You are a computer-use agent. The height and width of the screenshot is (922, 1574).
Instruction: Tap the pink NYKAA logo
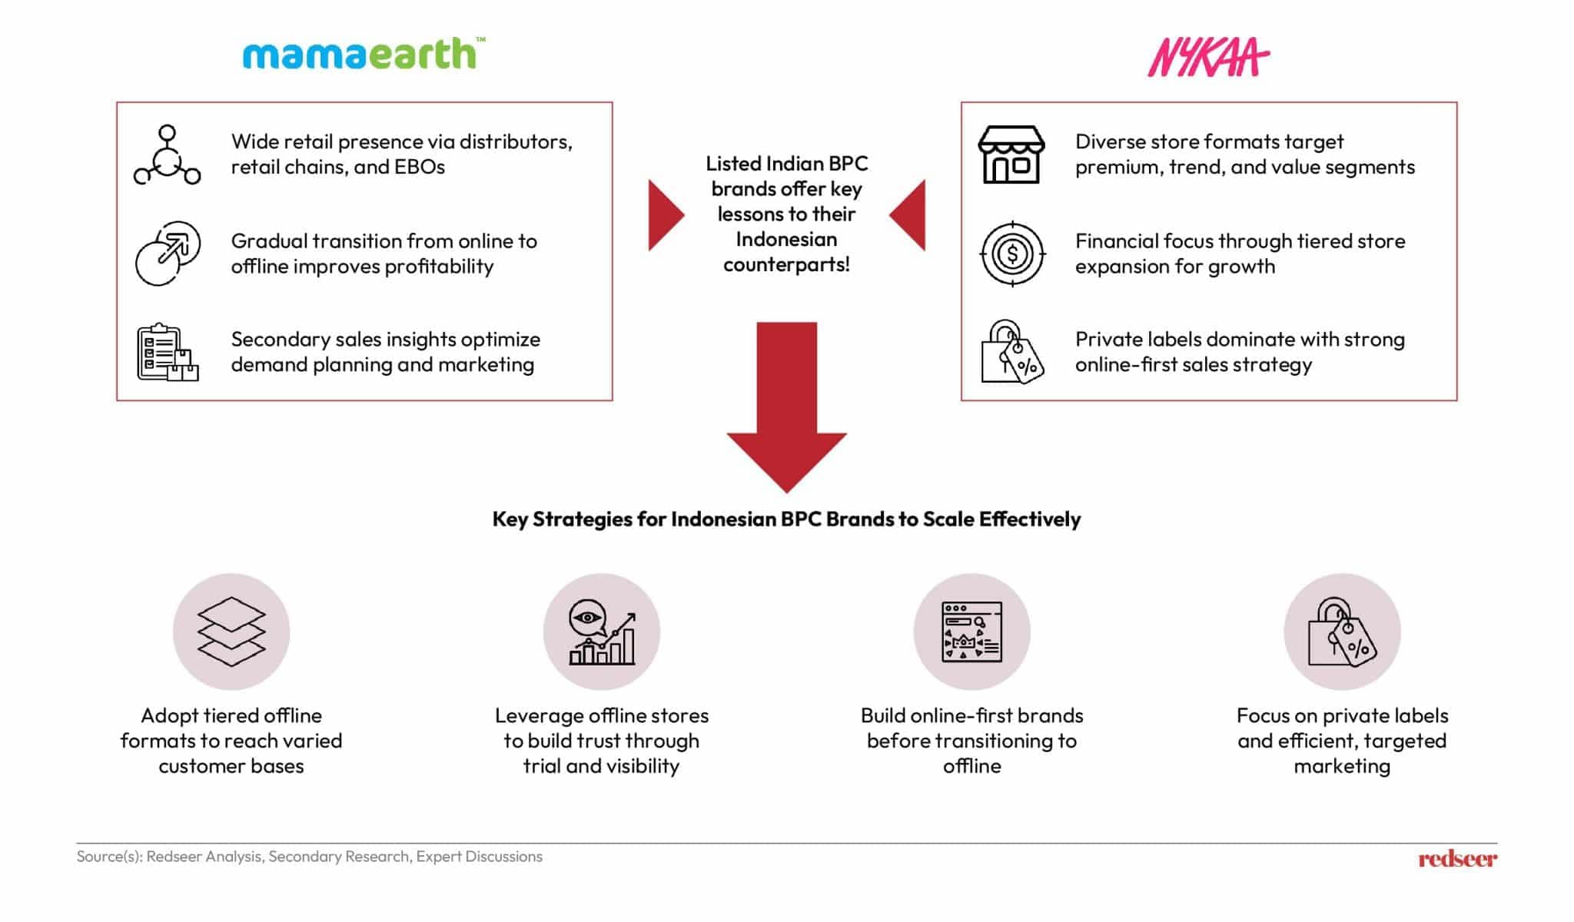[1207, 58]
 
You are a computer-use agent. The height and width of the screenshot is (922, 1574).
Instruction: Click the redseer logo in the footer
[1457, 858]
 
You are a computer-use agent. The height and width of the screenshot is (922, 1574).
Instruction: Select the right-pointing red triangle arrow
[664, 215]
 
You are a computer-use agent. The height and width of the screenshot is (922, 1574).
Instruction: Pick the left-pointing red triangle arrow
[909, 215]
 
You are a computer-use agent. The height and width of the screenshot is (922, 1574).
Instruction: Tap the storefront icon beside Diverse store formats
[1011, 154]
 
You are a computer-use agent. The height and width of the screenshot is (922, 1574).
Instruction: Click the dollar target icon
[1012, 254]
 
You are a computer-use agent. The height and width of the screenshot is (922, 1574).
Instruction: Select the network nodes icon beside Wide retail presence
[167, 155]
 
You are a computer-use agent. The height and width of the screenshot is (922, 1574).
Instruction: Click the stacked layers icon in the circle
[231, 632]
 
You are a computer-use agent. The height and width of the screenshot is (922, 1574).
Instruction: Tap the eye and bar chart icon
[602, 632]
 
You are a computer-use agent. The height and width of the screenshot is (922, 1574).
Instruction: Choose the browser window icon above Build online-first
[971, 632]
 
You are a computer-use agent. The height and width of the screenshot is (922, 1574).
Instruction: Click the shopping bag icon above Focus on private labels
[1342, 632]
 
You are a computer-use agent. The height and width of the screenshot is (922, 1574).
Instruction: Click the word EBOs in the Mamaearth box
[419, 167]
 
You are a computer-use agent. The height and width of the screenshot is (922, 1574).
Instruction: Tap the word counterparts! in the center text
[786, 265]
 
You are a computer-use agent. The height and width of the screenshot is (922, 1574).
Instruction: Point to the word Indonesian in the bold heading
[724, 519]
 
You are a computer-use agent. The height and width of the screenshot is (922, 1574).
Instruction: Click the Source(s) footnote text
[309, 857]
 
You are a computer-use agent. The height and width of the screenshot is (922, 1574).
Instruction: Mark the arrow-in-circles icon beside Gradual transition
[167, 254]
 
